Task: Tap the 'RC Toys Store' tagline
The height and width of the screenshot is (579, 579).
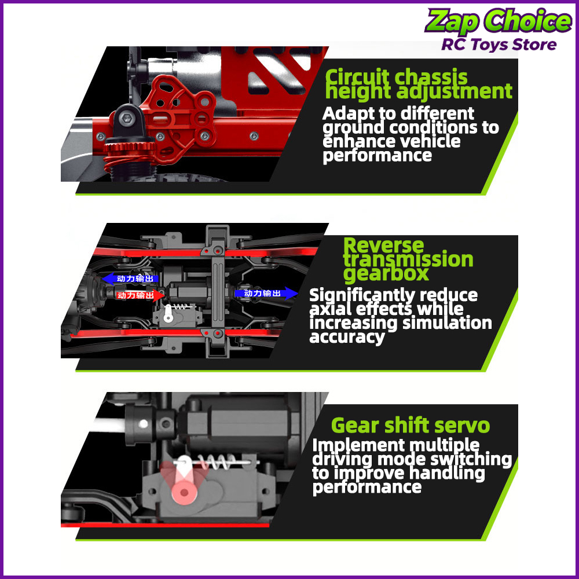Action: pyautogui.click(x=499, y=45)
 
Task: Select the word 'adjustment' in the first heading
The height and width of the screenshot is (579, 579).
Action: pyautogui.click(x=454, y=91)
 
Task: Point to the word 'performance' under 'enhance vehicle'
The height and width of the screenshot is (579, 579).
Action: pyautogui.click(x=377, y=155)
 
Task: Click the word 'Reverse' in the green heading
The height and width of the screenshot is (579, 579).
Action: pyautogui.click(x=383, y=245)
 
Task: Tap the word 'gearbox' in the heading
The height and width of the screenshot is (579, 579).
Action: pyautogui.click(x=386, y=274)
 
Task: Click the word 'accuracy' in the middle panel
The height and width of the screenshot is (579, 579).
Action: pyautogui.click(x=347, y=337)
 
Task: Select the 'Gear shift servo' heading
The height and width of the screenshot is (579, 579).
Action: pyautogui.click(x=411, y=426)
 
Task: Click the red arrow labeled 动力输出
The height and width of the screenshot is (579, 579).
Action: pyautogui.click(x=140, y=295)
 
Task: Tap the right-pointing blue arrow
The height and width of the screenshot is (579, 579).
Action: pyautogui.click(x=266, y=293)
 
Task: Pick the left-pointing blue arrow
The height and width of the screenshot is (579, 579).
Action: pyautogui.click(x=130, y=278)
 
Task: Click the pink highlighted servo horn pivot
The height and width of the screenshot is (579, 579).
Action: pyautogui.click(x=184, y=492)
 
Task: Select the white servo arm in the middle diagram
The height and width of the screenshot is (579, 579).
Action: pyautogui.click(x=168, y=313)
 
